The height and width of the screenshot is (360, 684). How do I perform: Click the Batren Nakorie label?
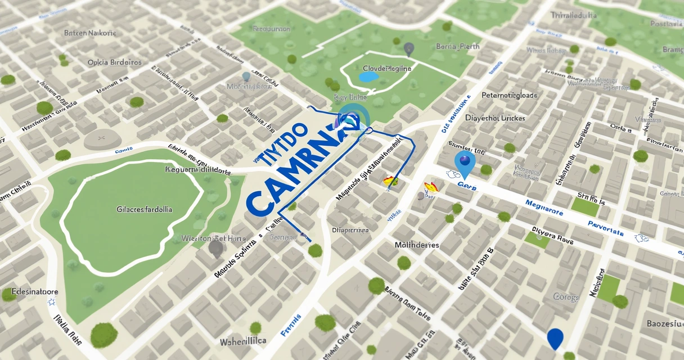[x=90, y=33]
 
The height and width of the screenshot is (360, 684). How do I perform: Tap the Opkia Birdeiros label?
[x=114, y=62]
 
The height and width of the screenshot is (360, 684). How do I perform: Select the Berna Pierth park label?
[x=457, y=47]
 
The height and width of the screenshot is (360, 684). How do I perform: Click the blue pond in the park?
[x=369, y=76]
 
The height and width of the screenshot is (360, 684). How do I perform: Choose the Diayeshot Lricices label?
[x=495, y=118]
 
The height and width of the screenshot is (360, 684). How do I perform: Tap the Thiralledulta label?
[x=574, y=16]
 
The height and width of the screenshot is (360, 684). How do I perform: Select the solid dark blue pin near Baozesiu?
[x=555, y=339]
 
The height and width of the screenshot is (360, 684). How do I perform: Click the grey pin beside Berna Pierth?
[x=409, y=49]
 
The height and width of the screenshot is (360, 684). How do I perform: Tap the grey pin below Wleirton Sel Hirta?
[x=215, y=248]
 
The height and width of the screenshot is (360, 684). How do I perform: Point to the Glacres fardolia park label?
[x=145, y=209]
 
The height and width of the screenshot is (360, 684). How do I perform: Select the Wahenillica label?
[x=242, y=341]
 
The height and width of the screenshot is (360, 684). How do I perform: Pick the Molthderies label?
[x=417, y=245]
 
